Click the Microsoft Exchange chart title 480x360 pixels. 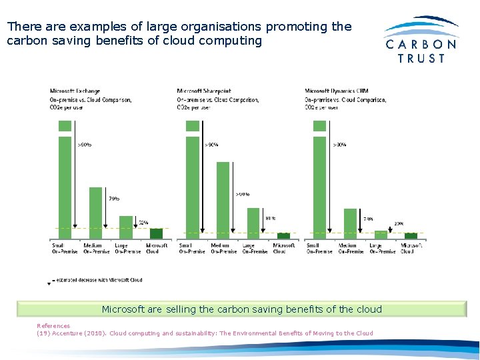(x=75, y=91)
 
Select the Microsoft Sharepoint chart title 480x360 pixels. (x=204, y=91)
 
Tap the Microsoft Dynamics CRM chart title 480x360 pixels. (x=337, y=91)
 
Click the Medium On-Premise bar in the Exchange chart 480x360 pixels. (x=95, y=213)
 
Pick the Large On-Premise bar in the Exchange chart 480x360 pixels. (x=125, y=227)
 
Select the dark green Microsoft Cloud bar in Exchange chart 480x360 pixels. (x=156, y=233)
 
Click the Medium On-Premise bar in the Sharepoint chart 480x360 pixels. (x=223, y=200)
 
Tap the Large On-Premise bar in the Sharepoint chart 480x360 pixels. (x=253, y=223)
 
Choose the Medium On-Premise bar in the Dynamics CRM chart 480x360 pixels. (x=350, y=223)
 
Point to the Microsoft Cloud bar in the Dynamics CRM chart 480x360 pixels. (x=411, y=235)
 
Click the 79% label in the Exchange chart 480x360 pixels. (x=114, y=198)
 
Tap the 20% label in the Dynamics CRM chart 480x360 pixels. (x=399, y=224)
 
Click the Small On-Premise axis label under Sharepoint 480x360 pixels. (x=192, y=249)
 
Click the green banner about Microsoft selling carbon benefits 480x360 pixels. (x=241, y=309)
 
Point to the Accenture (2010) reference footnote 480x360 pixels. (x=205, y=333)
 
